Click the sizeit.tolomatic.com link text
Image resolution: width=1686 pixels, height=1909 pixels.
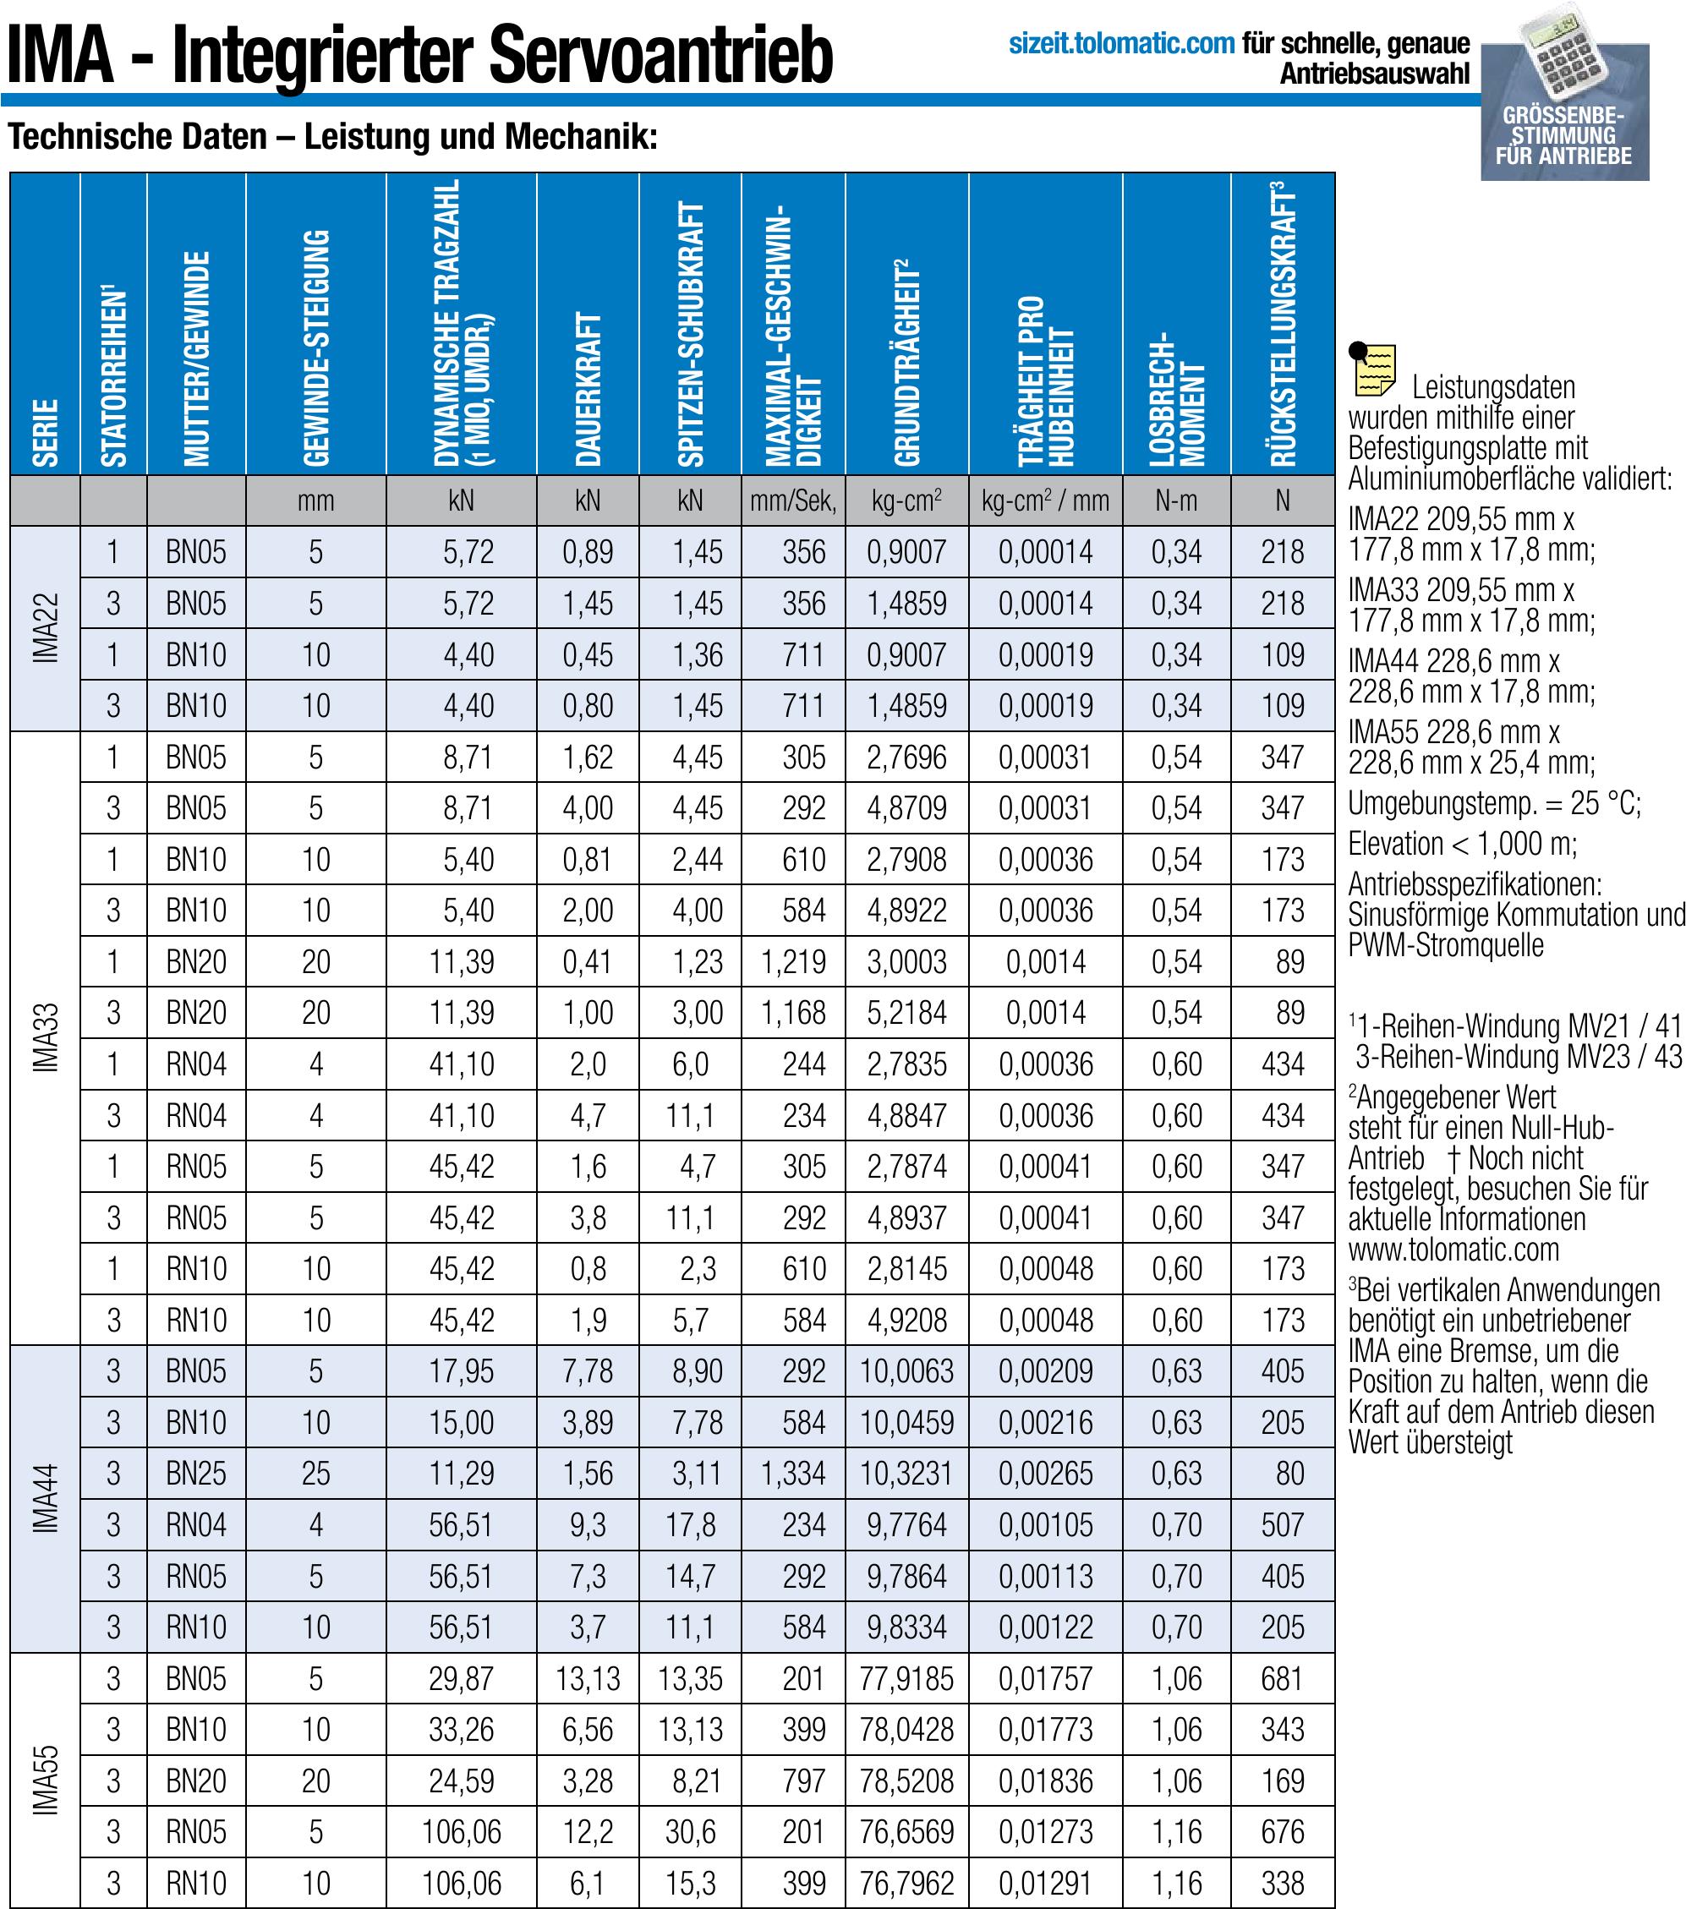click(1121, 44)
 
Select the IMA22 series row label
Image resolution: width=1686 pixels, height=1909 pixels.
click(45, 628)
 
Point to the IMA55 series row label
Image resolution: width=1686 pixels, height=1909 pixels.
click(45, 1780)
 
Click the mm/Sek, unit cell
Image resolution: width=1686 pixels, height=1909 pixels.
click(792, 501)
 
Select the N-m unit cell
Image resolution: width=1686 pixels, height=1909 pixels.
click(1176, 501)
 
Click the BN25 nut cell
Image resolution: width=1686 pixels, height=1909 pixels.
click(196, 1474)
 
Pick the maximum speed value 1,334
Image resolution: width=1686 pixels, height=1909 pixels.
click(793, 1474)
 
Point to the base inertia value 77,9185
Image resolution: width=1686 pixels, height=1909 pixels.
click(906, 1679)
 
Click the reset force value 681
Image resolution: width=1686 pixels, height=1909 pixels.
click(1282, 1679)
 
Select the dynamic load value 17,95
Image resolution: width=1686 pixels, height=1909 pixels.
click(462, 1371)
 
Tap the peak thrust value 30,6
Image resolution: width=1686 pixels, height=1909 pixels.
click(690, 1832)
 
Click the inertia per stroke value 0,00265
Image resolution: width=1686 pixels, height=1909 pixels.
click(1045, 1474)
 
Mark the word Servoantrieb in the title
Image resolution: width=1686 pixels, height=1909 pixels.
click(660, 55)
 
